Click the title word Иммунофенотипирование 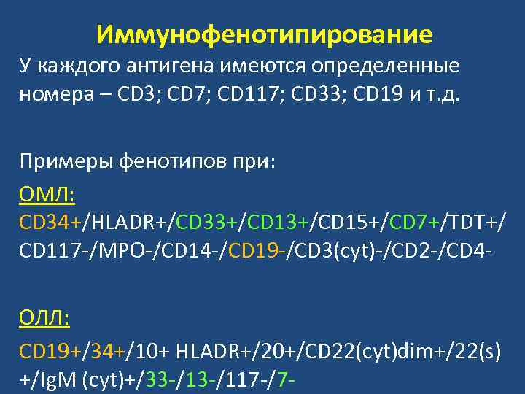263,34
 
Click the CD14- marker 197,251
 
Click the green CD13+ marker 276,220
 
